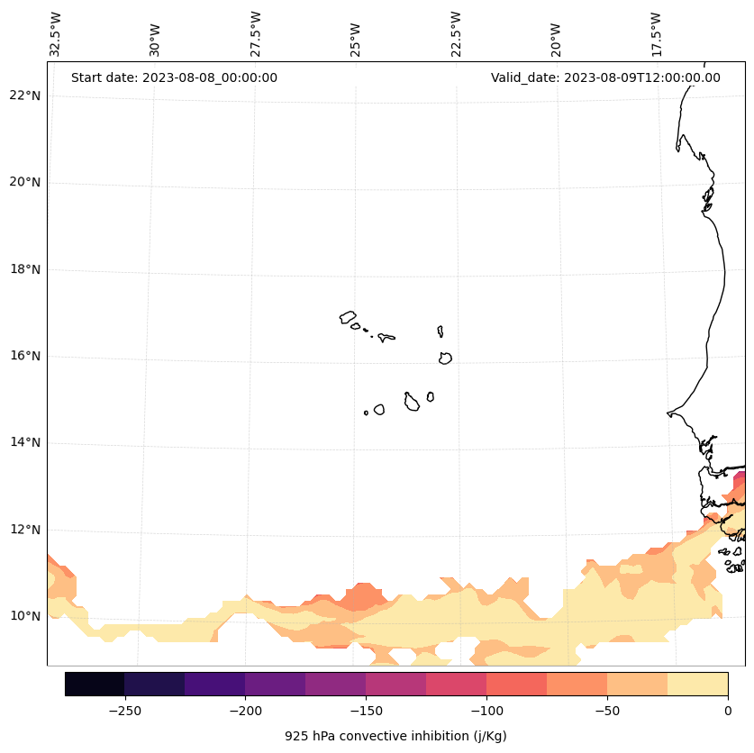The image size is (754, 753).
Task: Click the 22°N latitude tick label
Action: click(24, 95)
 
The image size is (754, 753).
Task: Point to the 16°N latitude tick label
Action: click(24, 356)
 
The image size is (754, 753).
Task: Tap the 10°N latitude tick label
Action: click(24, 616)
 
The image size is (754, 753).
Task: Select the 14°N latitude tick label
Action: click(24, 442)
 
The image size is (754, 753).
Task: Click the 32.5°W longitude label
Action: click(56, 34)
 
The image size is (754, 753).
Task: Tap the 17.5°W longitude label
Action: click(657, 34)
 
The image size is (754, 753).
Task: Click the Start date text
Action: click(174, 77)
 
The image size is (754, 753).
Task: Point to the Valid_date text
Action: click(605, 77)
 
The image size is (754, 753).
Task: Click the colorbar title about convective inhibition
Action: click(395, 736)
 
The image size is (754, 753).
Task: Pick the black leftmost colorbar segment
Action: click(95, 684)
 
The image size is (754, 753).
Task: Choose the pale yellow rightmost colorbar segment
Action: click(697, 684)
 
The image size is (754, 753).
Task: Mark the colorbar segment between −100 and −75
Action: click(516, 684)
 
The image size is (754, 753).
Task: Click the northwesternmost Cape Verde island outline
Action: click(348, 317)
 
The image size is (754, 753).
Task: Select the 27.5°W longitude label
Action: click(256, 34)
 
